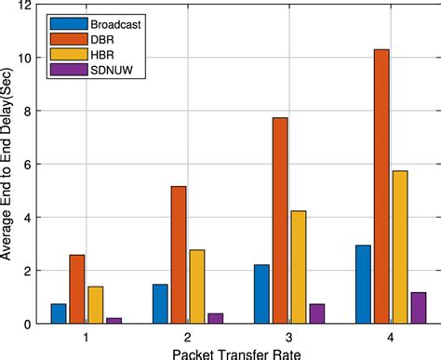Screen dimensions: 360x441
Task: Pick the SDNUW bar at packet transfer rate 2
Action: [x=215, y=318]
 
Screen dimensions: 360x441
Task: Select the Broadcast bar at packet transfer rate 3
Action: [x=261, y=294]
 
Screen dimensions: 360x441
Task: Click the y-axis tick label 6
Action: [x=29, y=165]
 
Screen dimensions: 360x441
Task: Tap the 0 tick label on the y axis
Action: [x=29, y=324]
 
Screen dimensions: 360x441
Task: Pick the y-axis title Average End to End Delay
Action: [x=8, y=165]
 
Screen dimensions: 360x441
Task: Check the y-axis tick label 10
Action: [x=26, y=59]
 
